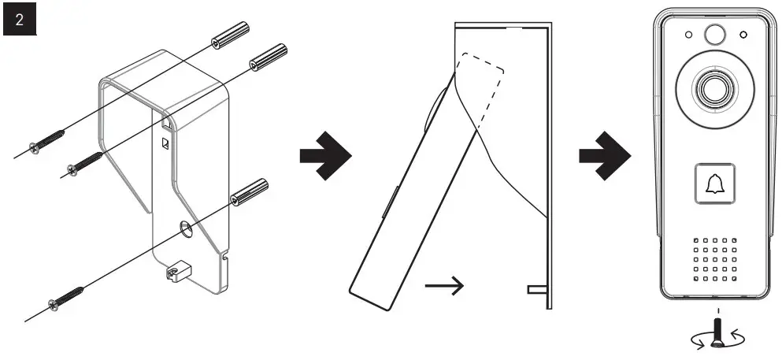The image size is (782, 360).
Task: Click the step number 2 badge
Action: click(x=20, y=20)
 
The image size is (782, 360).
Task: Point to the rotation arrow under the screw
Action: click(x=713, y=340)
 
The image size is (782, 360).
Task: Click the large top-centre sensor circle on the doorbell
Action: click(x=713, y=34)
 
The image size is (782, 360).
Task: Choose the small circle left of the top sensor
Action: click(x=688, y=35)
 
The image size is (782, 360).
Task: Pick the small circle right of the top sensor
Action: click(x=741, y=35)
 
